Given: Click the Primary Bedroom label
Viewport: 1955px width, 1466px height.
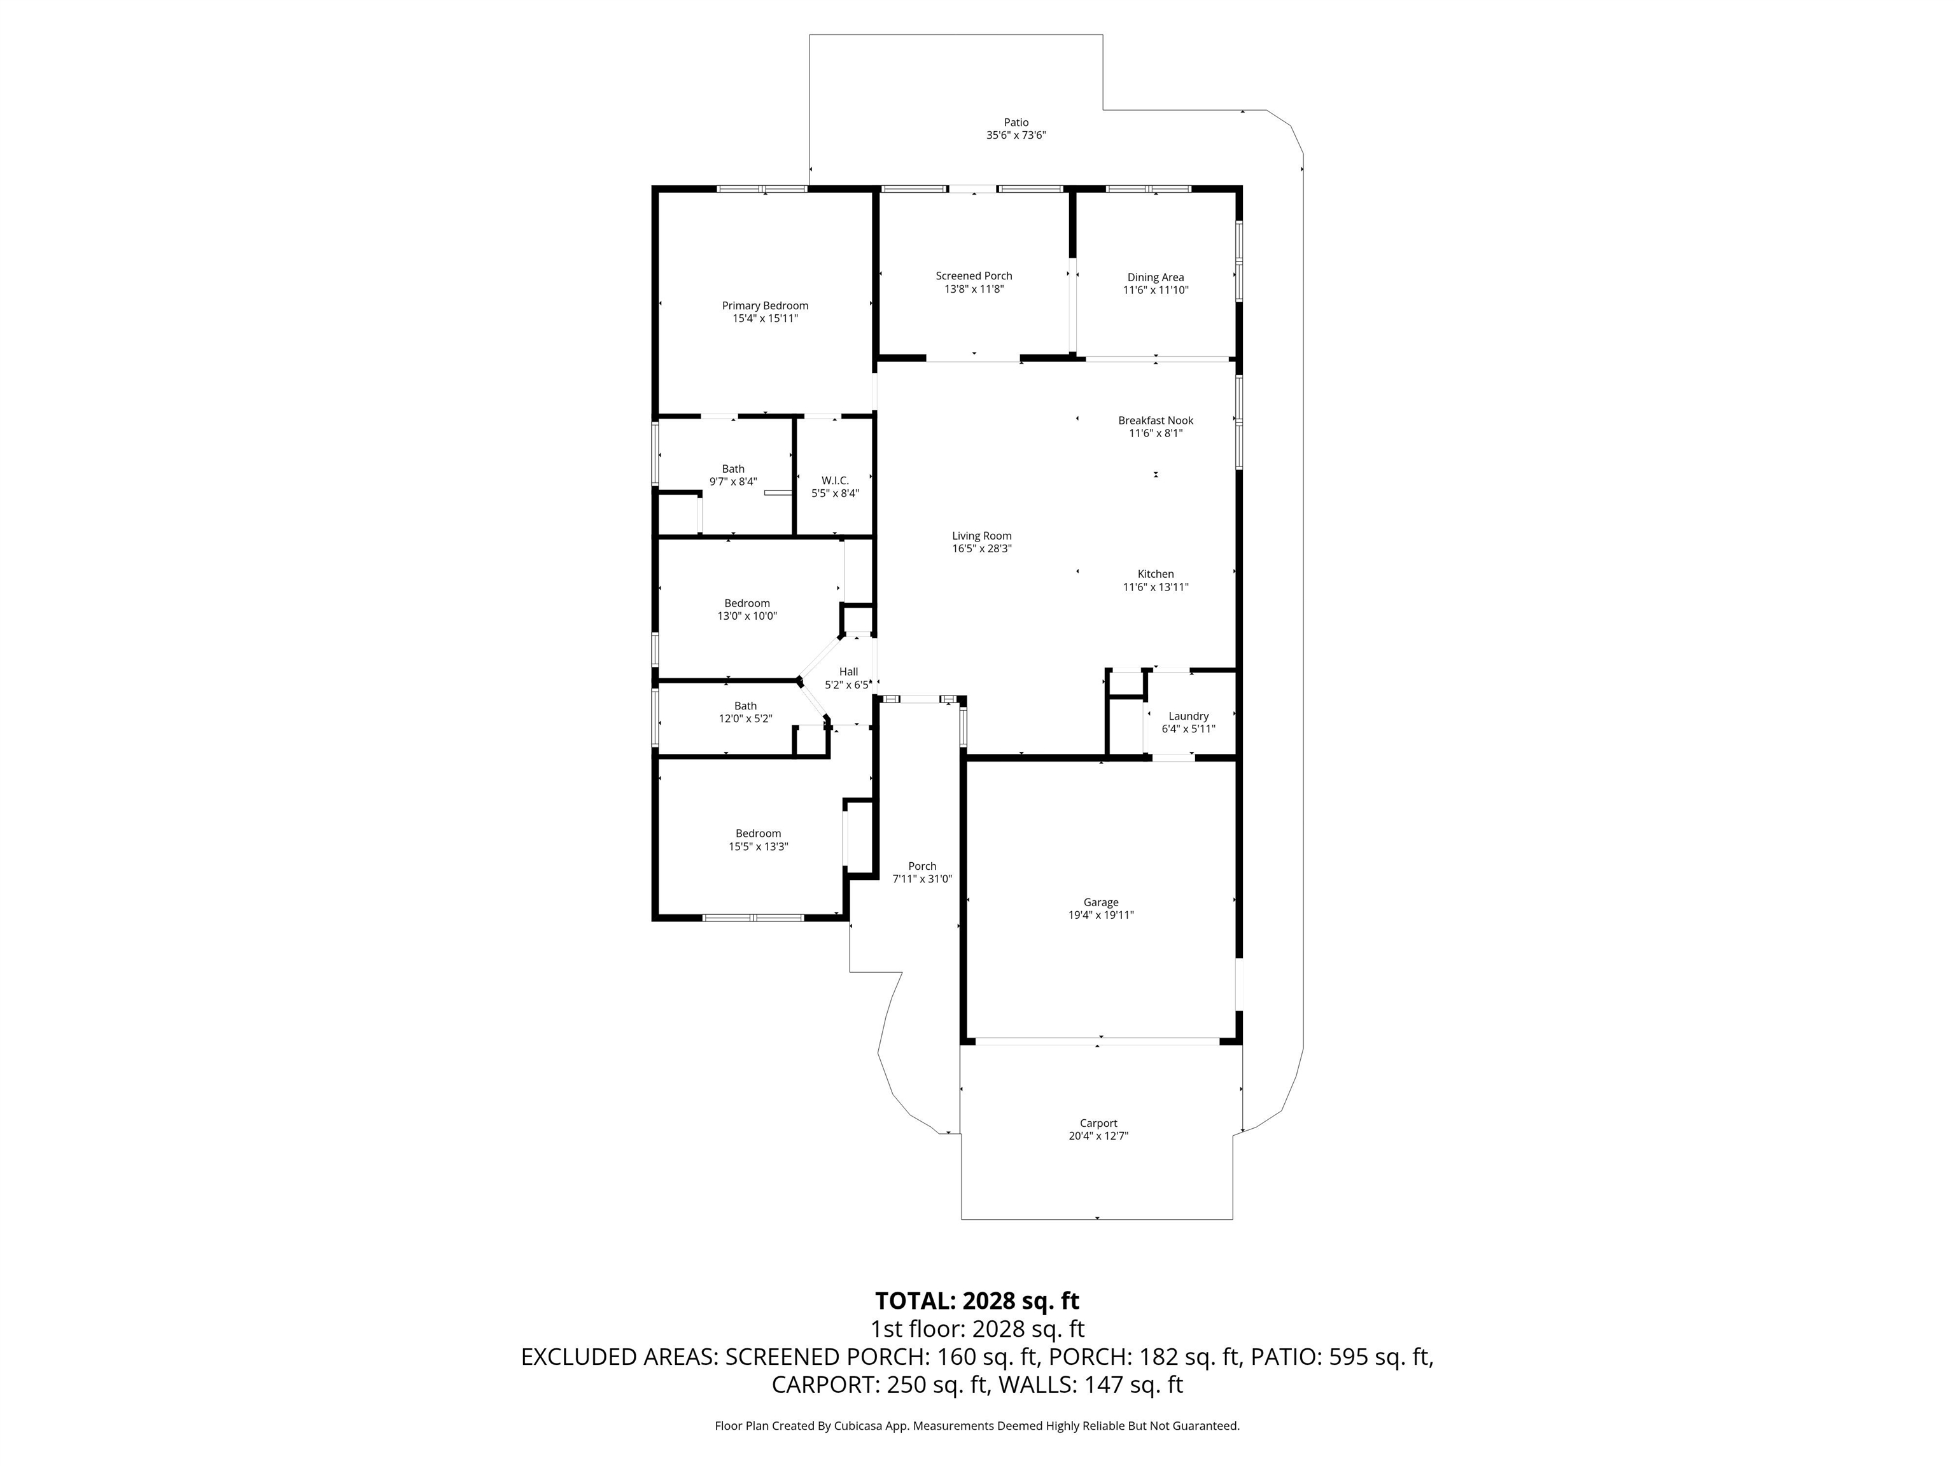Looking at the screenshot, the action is (764, 306).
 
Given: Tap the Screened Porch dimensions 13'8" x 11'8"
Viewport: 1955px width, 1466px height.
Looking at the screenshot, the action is (974, 289).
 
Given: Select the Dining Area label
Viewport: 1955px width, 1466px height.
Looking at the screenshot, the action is (1155, 277).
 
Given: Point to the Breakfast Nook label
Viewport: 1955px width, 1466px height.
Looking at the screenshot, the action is (1155, 421).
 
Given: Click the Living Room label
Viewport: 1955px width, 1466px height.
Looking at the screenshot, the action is (981, 536).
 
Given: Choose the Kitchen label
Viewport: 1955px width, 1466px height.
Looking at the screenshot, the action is (1155, 575).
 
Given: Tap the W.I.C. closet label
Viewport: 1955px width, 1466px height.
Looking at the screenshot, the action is (834, 481).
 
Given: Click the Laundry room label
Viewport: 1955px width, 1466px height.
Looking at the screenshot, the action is (1188, 716).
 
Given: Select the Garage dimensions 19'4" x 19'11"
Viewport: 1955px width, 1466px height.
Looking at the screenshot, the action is (1100, 916).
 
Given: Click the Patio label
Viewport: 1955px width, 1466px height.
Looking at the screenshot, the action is (1016, 123).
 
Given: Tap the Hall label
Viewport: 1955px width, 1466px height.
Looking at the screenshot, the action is (848, 671).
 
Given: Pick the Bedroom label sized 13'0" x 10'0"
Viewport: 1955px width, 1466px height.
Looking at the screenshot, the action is (747, 604).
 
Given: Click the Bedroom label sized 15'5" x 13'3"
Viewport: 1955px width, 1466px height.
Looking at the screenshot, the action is (759, 834).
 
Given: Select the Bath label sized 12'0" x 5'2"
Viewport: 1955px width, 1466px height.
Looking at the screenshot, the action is (745, 706).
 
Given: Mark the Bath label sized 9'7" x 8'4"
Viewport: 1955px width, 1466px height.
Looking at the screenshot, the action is (732, 469).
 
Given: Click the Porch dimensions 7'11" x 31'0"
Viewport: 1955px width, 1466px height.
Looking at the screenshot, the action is (922, 879).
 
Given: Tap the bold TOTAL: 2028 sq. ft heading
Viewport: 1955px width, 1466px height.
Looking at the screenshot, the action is (977, 1301).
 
